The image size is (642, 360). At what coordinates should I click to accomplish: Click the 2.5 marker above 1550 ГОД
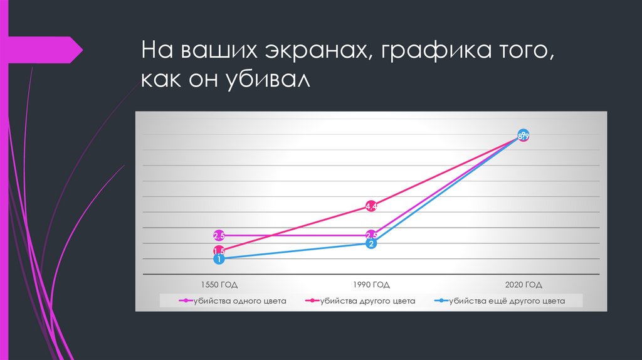tap(219, 235)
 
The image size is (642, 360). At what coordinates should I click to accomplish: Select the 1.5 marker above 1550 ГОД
tap(219, 251)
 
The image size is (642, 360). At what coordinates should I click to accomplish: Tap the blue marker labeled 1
tap(219, 258)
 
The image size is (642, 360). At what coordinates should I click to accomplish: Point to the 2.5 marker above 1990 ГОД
tap(371, 235)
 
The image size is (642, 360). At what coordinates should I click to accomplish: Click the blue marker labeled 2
tap(371, 243)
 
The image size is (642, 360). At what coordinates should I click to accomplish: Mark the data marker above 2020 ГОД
tap(524, 135)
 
